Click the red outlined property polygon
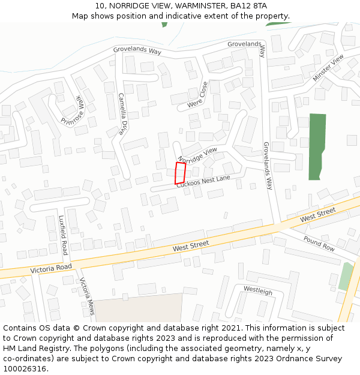point(180,173)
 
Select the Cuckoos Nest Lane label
point(203,182)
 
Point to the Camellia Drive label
point(123,113)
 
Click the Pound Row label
point(319,244)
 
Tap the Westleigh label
point(258,291)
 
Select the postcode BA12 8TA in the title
point(249,6)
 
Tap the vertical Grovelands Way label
point(268,166)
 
